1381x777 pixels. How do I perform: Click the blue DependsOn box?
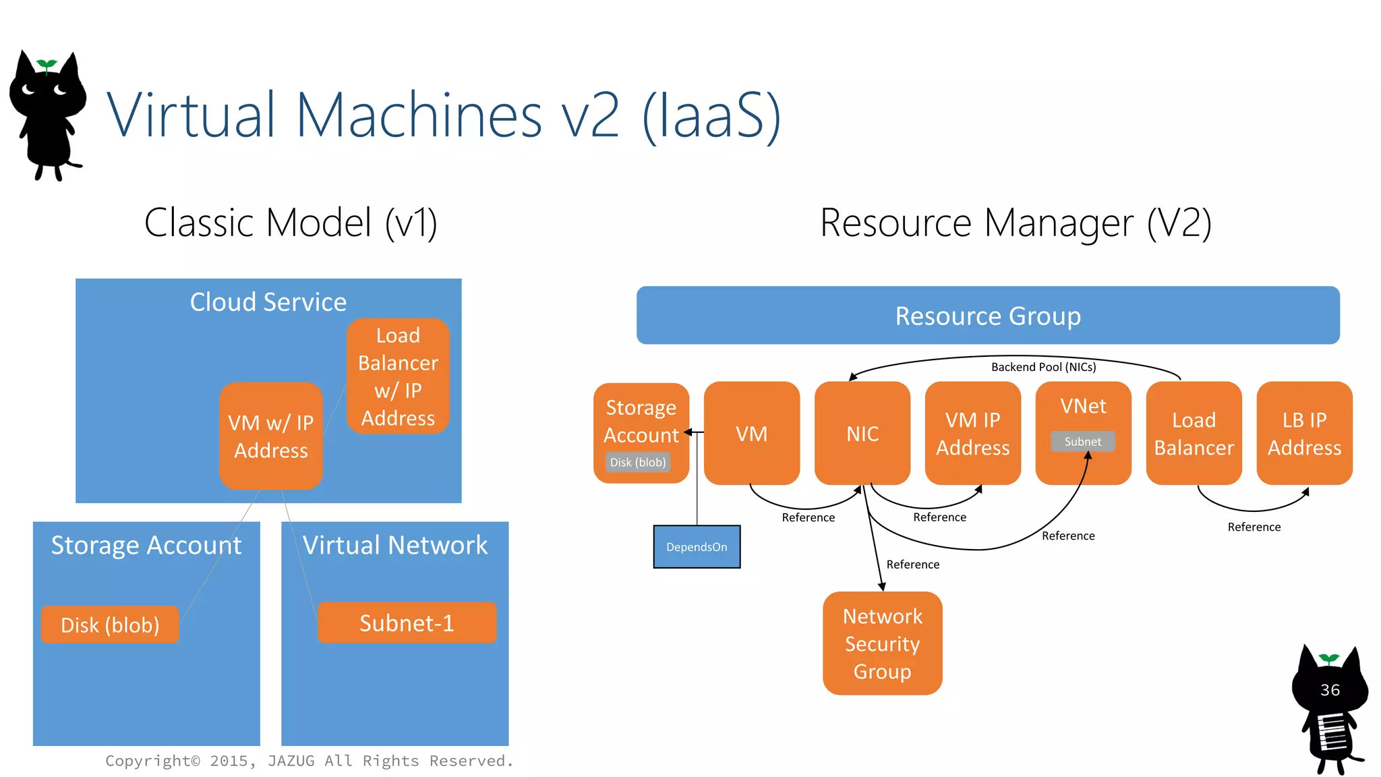click(x=697, y=546)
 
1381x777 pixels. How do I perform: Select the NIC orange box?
click(x=862, y=433)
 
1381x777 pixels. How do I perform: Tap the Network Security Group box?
click(x=882, y=643)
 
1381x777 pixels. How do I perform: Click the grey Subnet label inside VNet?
click(x=1082, y=441)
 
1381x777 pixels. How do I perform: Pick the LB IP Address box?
click(x=1304, y=433)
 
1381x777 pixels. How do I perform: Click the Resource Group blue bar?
click(x=988, y=316)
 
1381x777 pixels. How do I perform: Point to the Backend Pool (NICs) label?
click(x=1043, y=367)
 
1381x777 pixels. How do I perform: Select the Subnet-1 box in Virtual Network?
click(x=407, y=623)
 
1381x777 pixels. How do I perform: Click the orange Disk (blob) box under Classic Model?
click(x=110, y=625)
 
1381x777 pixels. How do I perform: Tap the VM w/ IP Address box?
click(x=270, y=436)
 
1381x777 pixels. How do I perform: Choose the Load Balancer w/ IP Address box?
click(x=398, y=376)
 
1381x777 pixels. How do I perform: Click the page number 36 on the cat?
click(x=1330, y=690)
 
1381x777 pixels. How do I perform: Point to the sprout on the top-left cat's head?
click(x=47, y=65)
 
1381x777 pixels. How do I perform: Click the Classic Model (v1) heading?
click(x=291, y=223)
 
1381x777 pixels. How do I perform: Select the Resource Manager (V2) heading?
click(x=1016, y=223)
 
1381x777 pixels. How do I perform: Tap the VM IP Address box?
click(x=972, y=433)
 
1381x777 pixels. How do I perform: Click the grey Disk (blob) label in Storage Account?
click(x=638, y=462)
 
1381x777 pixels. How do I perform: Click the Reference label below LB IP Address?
click(x=1254, y=527)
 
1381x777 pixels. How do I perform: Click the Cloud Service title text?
click(x=268, y=301)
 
